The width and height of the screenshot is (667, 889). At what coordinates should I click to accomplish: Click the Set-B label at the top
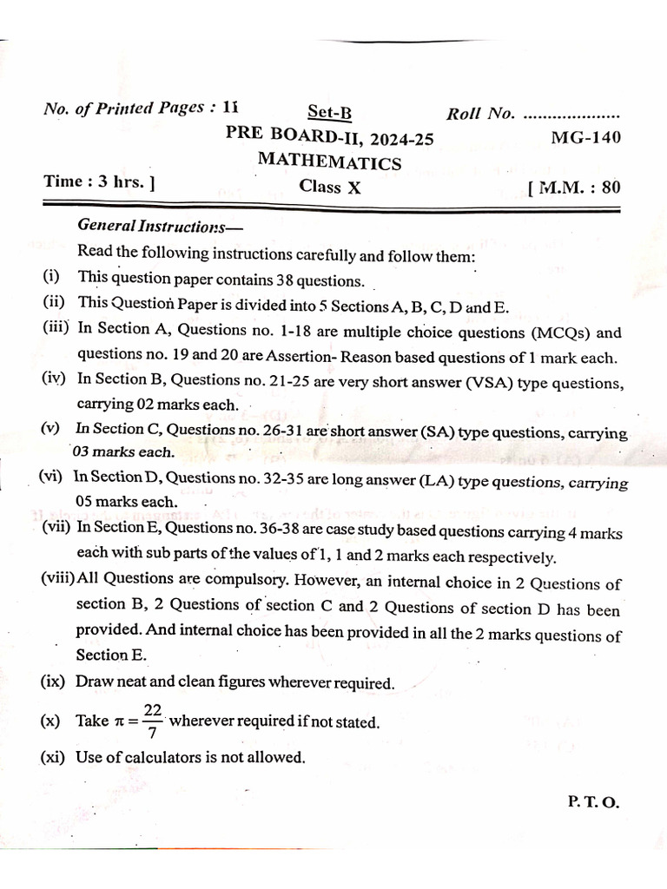[330, 113]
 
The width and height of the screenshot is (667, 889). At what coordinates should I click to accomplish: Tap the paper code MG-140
[586, 137]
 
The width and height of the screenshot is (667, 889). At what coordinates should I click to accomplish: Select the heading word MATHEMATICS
[329, 162]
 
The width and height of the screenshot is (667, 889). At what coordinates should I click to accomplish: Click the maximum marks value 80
[611, 187]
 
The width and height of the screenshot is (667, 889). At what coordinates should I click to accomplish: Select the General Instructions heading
[151, 226]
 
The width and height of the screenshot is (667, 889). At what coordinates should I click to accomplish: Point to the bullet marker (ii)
[56, 304]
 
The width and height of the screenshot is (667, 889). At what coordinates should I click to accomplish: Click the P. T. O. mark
[593, 803]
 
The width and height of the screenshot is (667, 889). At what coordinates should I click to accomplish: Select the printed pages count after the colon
[228, 109]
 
